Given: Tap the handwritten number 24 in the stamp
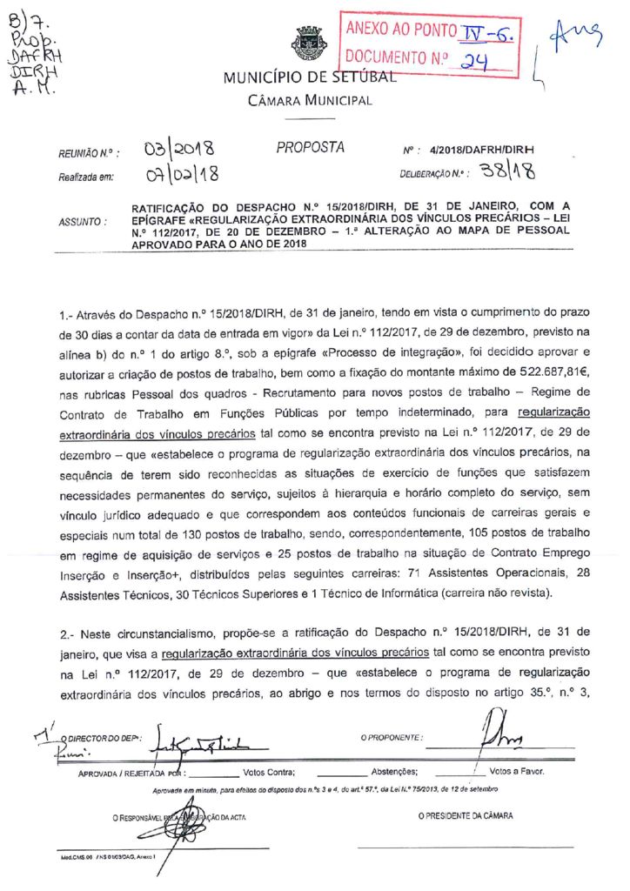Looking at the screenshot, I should pyautogui.click(x=474, y=62).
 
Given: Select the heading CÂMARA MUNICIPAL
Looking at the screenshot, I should pyautogui.click(x=309, y=101).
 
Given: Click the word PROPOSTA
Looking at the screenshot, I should pyautogui.click(x=310, y=148).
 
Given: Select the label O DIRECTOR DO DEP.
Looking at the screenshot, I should pyautogui.click(x=107, y=738).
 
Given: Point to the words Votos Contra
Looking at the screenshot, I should pyautogui.click(x=269, y=772).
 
